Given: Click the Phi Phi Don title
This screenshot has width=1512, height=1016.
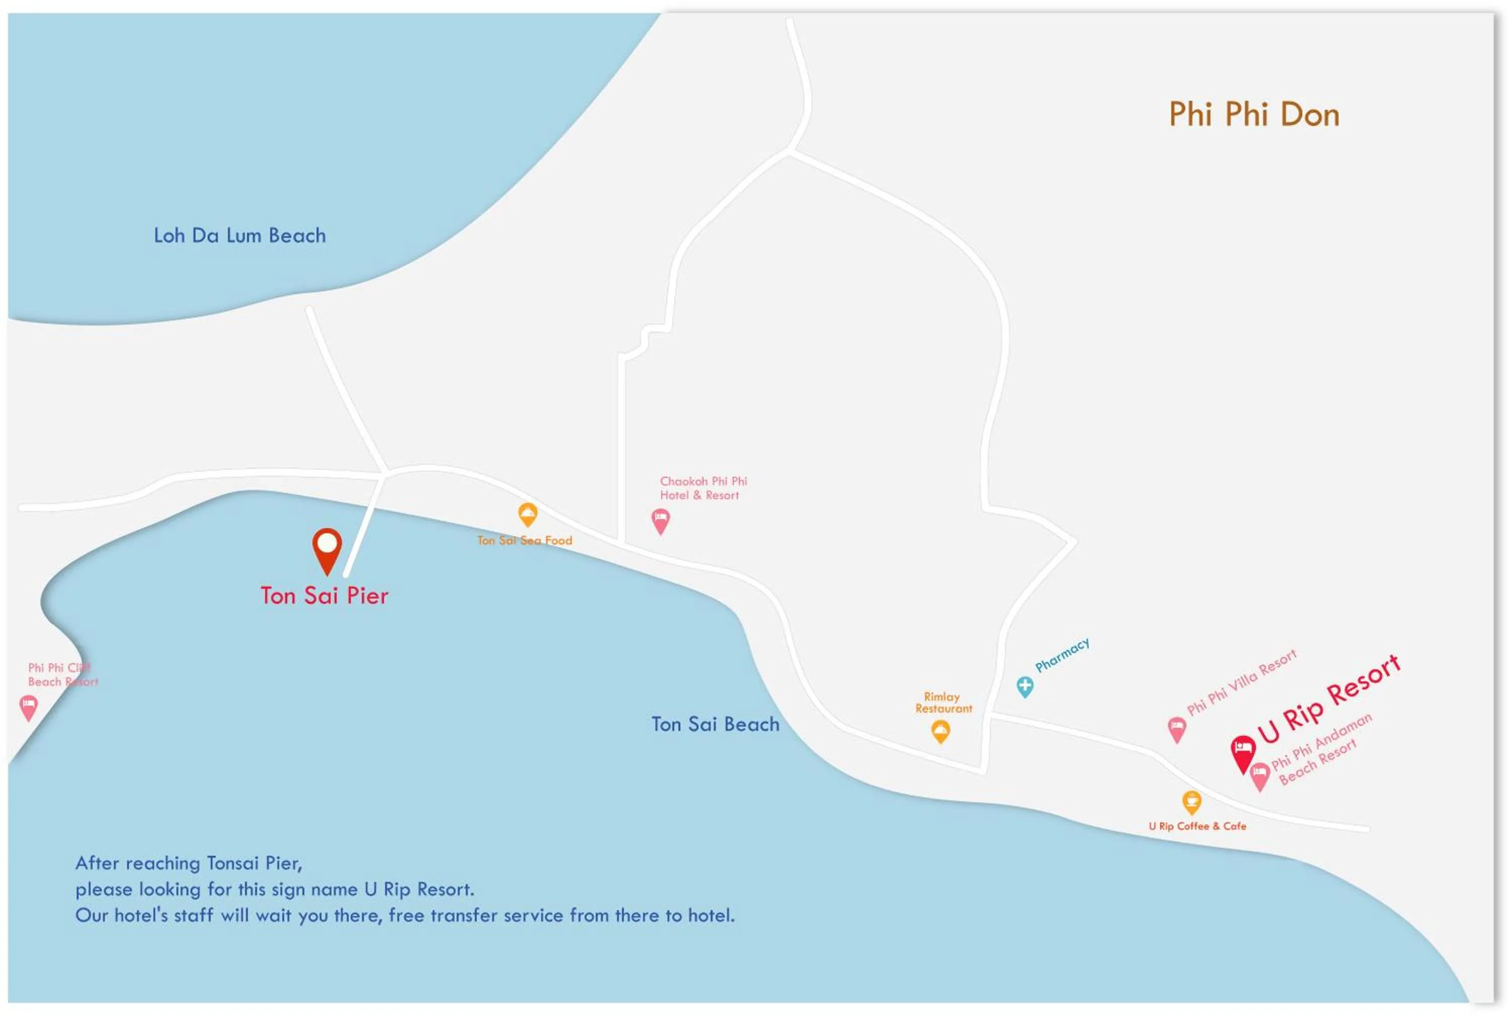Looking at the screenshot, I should coord(1253,115).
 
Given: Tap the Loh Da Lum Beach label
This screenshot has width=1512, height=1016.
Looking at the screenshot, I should coord(240,236).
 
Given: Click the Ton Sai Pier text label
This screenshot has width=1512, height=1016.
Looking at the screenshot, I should coord(325,596).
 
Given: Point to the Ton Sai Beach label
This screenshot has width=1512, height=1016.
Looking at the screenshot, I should coord(715,724).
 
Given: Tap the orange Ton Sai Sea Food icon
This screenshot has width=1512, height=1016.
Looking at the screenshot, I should coord(528,515).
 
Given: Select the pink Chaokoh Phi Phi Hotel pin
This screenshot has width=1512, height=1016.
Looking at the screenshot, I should coord(660,520).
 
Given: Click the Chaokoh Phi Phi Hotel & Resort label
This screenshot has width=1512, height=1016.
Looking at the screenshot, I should coord(703,488).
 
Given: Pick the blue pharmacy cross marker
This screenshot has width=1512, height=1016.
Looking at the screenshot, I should coord(1024,685).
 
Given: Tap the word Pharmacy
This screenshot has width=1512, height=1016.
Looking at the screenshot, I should coord(1062,655).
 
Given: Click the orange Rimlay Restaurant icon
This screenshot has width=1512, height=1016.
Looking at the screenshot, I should coord(940,731).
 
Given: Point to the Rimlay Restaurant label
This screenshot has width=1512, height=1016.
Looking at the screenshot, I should coord(943,703).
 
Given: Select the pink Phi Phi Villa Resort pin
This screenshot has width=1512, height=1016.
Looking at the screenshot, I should coord(1176,728).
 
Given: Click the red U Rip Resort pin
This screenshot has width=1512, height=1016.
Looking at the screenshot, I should coord(1242,750).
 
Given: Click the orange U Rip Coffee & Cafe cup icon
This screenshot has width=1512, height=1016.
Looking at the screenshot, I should coord(1191,801).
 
